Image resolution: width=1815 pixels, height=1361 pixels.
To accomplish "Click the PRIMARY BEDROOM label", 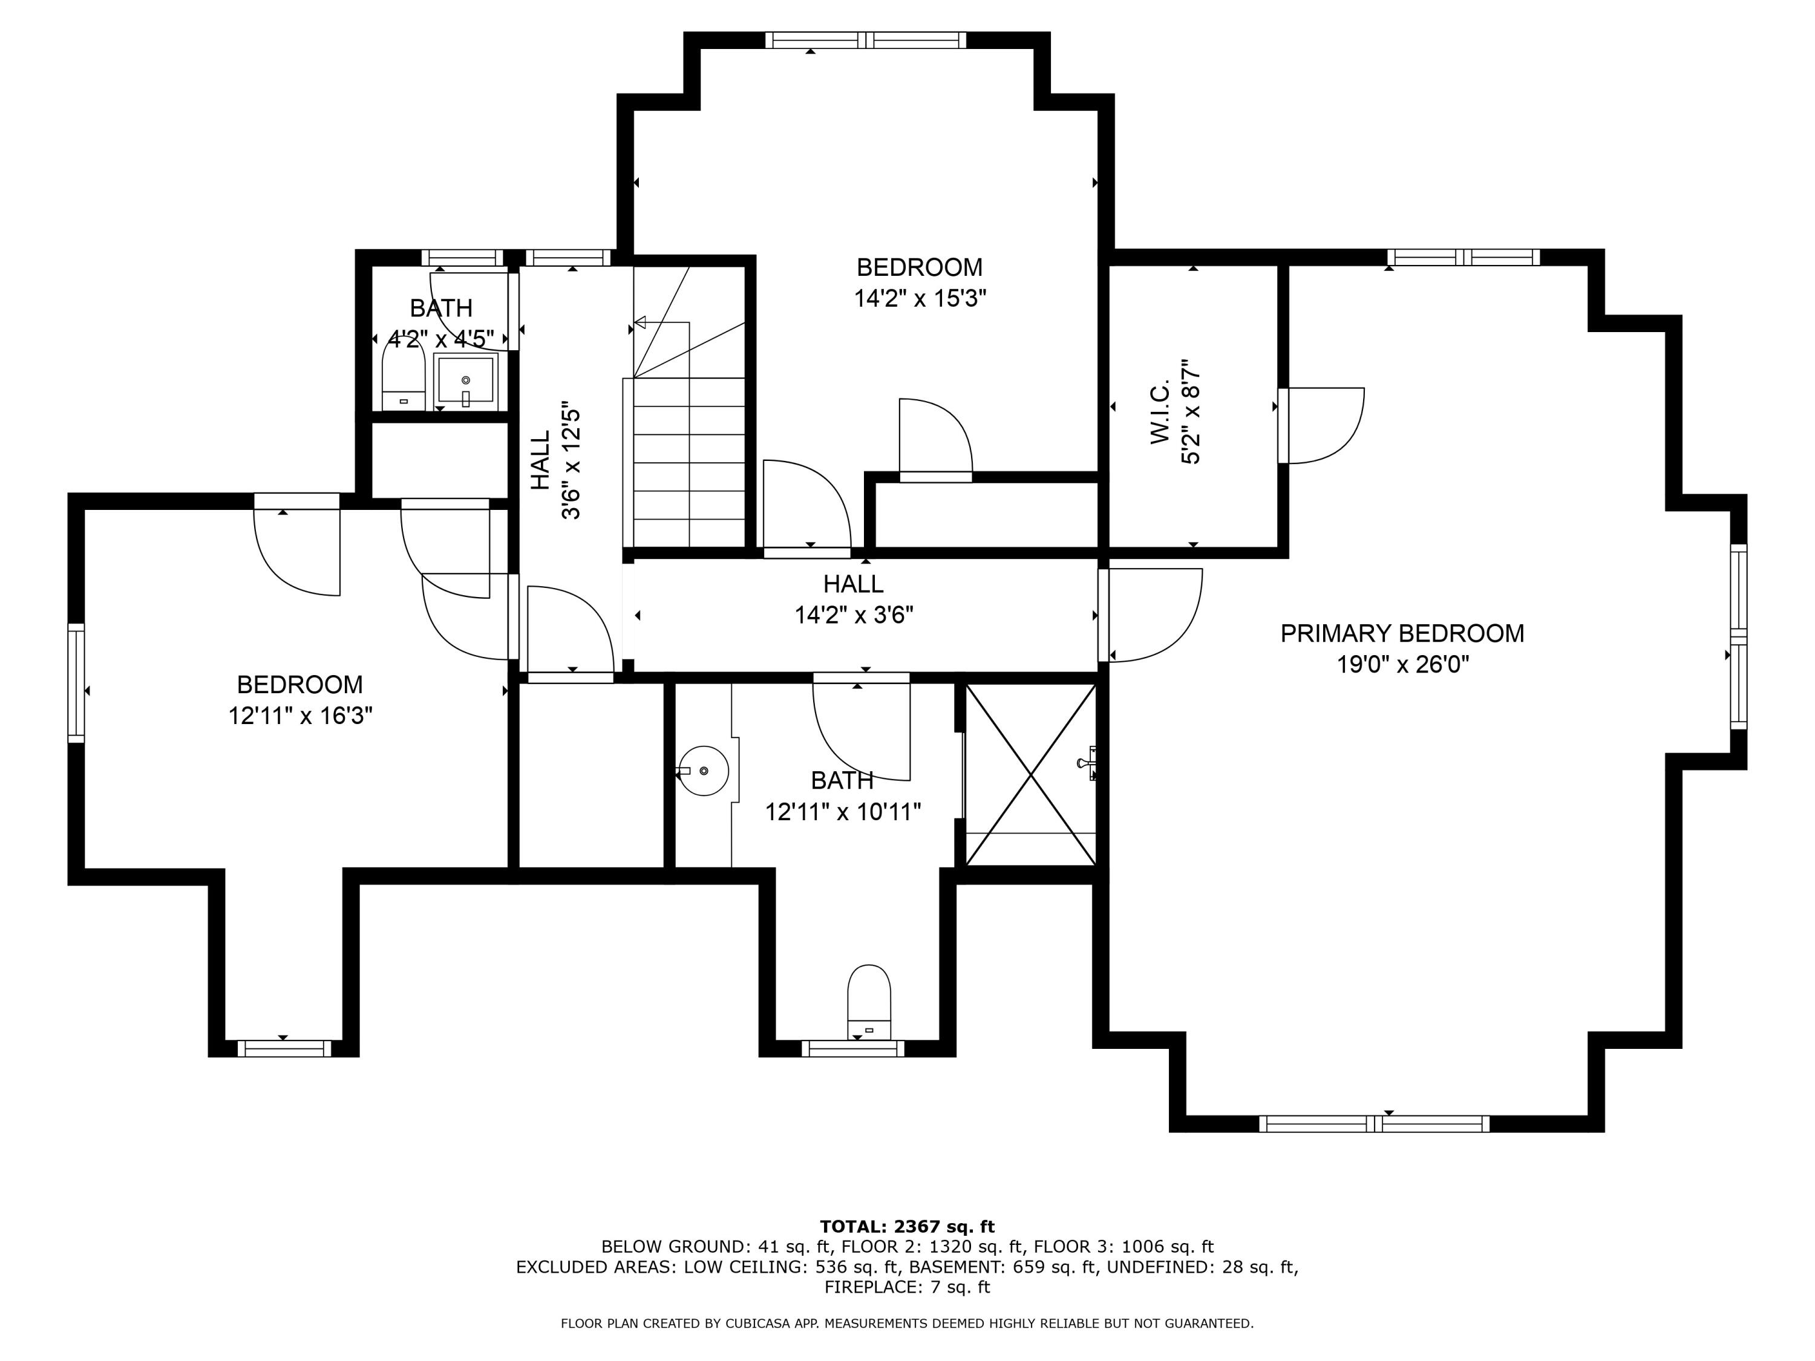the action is [1402, 633].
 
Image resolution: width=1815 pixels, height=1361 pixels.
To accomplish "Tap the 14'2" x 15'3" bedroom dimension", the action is [920, 298].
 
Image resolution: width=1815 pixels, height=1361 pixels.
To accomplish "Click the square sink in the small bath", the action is [465, 382].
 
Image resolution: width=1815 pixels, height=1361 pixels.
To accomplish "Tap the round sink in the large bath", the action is [704, 771].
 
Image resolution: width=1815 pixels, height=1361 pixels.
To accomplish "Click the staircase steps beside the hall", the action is [688, 462].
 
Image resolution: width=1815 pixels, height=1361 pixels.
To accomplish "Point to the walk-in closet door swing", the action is [1321, 426].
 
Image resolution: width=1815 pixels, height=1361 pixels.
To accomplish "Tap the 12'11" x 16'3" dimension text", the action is [300, 716].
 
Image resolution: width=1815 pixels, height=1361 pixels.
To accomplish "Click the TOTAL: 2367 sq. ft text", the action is [907, 1227].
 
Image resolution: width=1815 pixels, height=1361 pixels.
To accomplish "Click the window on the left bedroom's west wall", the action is [76, 682].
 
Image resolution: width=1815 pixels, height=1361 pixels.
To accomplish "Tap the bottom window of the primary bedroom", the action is [1375, 1124].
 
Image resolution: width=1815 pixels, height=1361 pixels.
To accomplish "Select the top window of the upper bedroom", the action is [866, 40].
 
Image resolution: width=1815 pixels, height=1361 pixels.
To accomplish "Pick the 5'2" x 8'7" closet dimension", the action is [1191, 412].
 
